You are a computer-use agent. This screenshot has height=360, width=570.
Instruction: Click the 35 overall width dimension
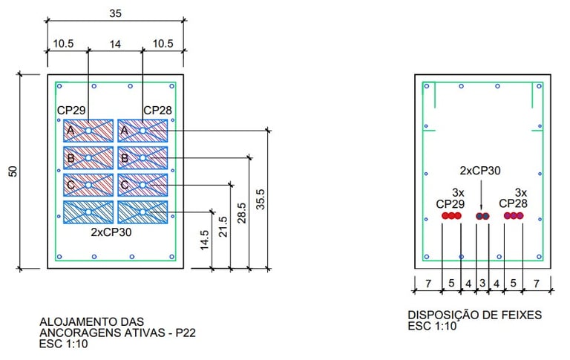(115, 13)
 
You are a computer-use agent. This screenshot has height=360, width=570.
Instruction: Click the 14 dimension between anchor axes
(115, 45)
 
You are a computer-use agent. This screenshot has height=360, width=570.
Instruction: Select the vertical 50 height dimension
(13, 171)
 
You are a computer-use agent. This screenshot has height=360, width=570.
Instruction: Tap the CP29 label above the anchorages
(71, 110)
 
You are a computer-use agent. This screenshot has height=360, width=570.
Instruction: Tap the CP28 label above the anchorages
(157, 110)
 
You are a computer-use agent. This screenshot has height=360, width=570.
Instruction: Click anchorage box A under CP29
(88, 131)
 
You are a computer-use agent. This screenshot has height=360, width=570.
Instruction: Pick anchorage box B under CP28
(142, 158)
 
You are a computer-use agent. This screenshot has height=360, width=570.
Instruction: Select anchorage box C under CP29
(88, 185)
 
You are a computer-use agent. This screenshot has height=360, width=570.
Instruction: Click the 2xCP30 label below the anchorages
(111, 232)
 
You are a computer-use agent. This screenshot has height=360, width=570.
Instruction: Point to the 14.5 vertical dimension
(204, 240)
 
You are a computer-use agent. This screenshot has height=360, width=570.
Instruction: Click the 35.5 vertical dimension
(261, 199)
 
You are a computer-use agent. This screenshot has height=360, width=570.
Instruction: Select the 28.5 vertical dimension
(242, 213)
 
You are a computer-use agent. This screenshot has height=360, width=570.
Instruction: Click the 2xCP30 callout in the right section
(480, 171)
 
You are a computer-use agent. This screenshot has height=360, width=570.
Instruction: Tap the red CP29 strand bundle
(451, 216)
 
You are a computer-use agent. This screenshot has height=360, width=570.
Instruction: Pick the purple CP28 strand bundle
(514, 216)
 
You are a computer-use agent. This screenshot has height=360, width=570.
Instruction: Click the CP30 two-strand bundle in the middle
(482, 216)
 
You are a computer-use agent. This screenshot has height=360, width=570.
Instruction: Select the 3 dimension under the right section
(482, 283)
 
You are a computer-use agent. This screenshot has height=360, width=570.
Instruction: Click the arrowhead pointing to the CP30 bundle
(481, 209)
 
